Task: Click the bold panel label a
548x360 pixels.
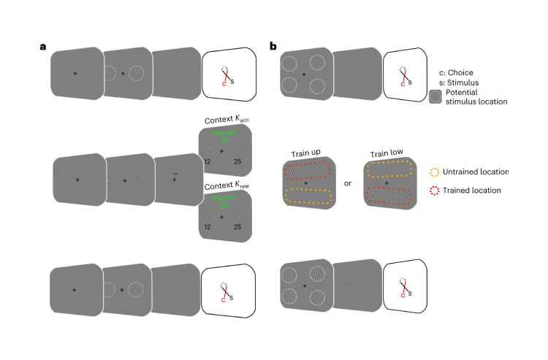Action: coord(44,47)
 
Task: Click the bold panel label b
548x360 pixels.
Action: coord(273,47)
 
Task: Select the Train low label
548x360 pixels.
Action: coord(386,153)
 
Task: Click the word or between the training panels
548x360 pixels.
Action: coord(348,183)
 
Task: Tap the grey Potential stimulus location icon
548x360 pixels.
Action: coord(435,97)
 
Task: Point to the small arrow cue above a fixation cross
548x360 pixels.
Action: coord(175,173)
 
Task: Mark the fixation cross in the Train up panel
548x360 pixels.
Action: coord(305,183)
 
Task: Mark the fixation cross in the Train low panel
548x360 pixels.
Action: coord(387,183)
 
